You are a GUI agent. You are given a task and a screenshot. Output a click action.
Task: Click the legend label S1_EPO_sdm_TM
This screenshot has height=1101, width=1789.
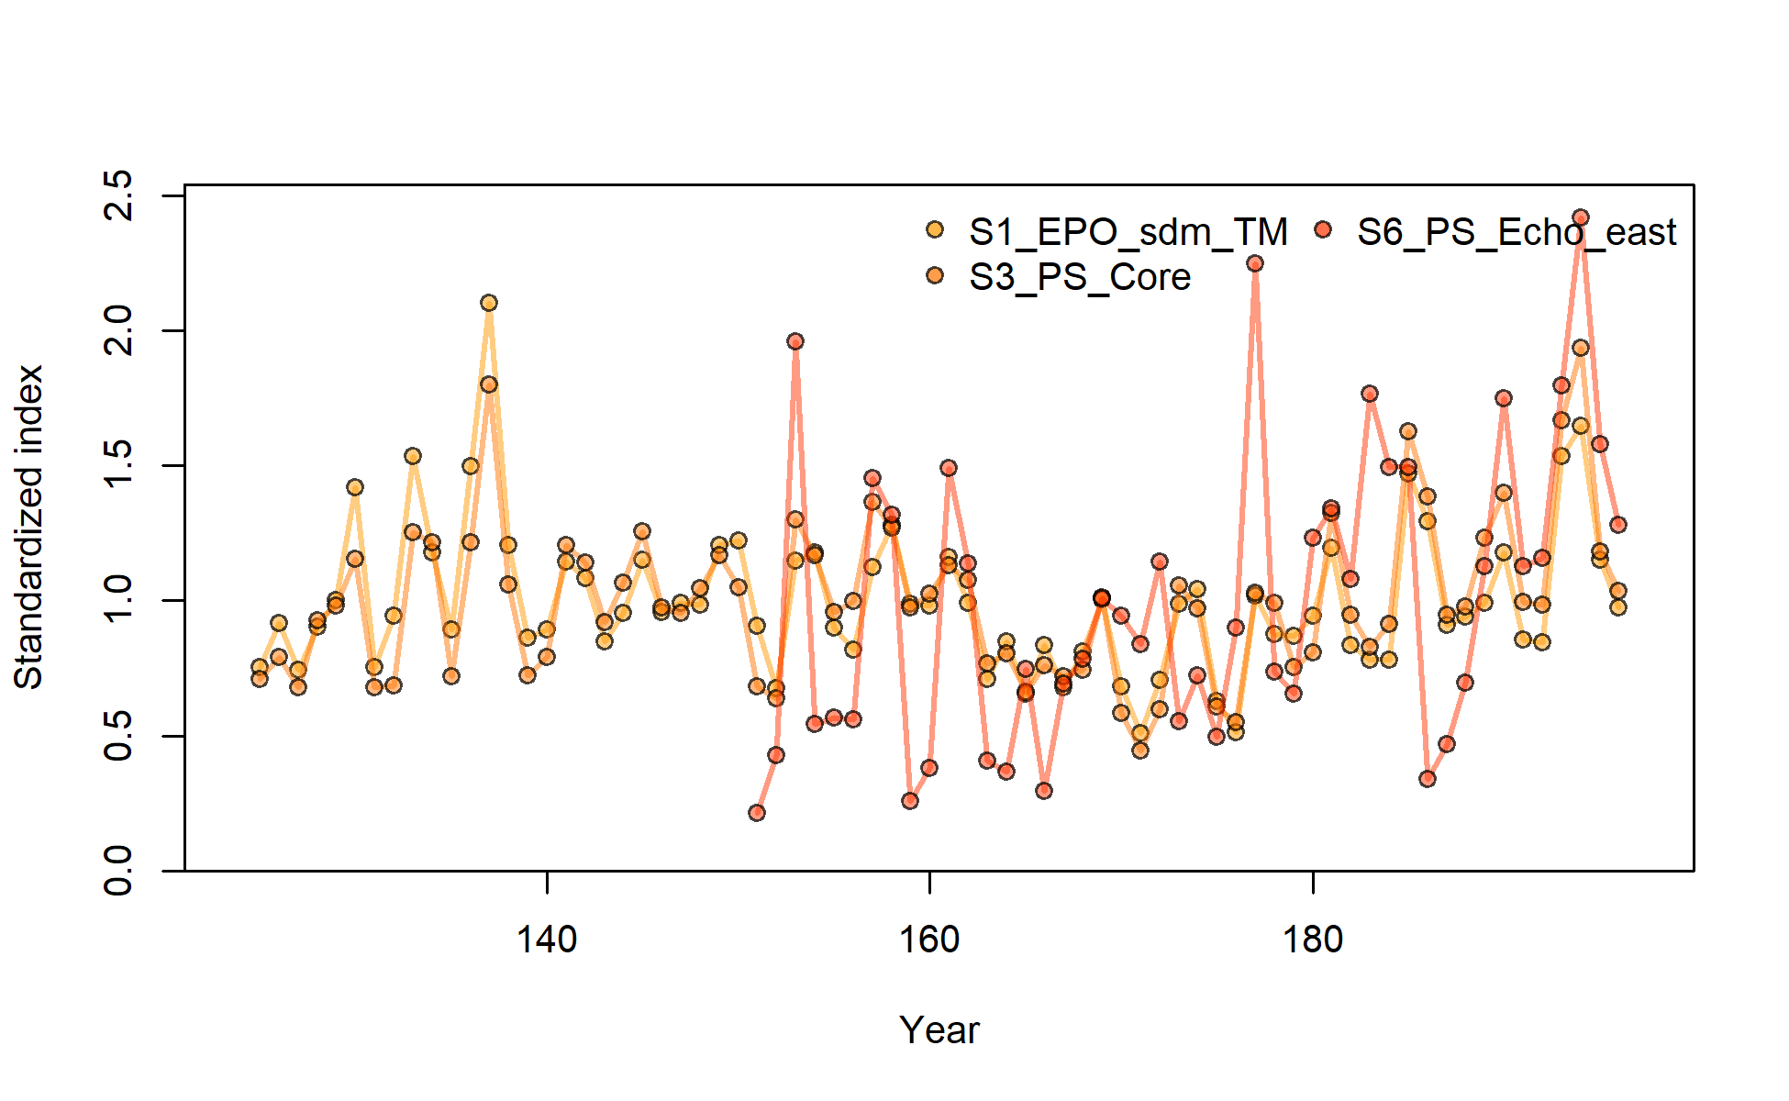pos(1128,233)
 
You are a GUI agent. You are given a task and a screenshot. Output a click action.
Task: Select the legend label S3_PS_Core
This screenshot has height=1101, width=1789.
pos(1080,277)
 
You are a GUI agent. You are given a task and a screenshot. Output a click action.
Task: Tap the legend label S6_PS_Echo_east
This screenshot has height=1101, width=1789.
pos(1517,233)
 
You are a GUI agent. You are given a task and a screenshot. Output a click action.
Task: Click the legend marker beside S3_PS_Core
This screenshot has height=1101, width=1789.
pos(935,275)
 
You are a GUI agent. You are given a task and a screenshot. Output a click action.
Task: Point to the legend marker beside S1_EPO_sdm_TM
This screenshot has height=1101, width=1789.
pos(935,230)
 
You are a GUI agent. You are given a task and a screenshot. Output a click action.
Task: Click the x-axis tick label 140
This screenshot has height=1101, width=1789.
pos(547,940)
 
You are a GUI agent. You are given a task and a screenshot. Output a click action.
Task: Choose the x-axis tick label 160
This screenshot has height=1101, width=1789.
pos(929,940)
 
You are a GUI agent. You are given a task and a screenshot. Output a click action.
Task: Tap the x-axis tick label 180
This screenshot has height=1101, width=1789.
pos(1313,940)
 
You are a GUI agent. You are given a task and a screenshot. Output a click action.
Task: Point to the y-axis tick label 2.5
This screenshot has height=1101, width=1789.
pos(119,195)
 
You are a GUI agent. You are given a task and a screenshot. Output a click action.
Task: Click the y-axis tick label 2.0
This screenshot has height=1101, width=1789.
pos(119,330)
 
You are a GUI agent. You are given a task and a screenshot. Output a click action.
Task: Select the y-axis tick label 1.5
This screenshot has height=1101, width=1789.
pos(119,465)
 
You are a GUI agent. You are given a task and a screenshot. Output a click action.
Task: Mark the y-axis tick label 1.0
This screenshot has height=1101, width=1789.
pos(119,600)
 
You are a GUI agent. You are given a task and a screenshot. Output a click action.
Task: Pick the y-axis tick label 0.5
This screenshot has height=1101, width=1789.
pos(119,736)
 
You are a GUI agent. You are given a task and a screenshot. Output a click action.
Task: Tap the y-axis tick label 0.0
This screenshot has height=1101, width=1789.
pos(119,871)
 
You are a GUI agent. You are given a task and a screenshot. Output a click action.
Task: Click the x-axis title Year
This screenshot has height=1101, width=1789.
pos(939,1030)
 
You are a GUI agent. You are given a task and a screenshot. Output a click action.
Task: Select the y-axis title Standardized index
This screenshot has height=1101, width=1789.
pos(28,527)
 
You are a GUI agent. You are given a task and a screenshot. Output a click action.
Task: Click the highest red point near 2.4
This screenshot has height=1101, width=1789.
pos(1580,217)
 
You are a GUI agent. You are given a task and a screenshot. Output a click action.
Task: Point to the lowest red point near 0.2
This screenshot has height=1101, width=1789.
pos(757,813)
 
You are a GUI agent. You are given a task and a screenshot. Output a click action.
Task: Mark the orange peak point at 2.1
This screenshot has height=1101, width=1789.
pos(489,303)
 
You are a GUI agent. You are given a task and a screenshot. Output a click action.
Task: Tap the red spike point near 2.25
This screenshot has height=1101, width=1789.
pos(1255,263)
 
